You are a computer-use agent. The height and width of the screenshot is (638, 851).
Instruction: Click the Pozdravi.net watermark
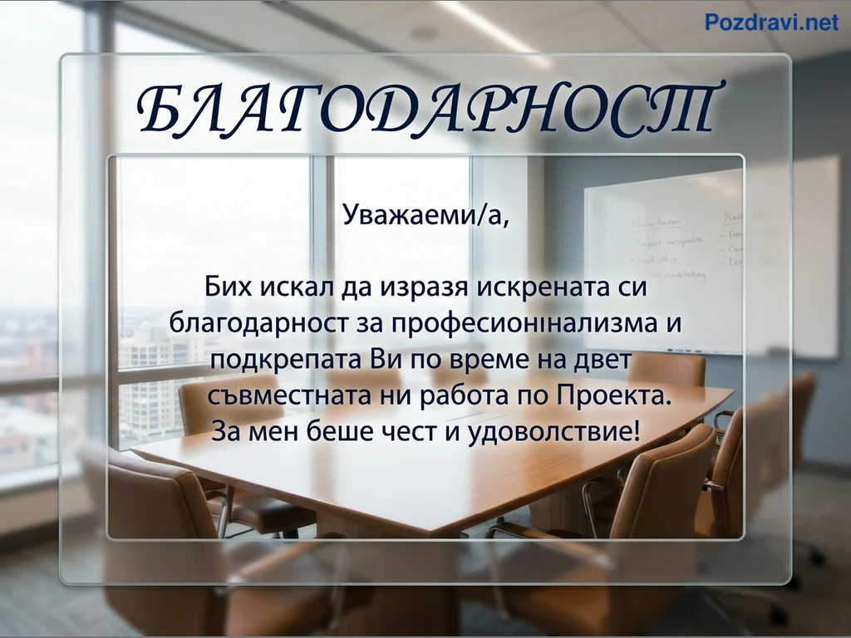[771, 22]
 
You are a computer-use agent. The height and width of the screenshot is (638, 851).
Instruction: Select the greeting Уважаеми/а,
[426, 214]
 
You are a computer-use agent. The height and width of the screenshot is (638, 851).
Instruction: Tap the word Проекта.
[614, 395]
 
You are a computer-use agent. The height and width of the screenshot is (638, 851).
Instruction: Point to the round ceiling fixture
[425, 33]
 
